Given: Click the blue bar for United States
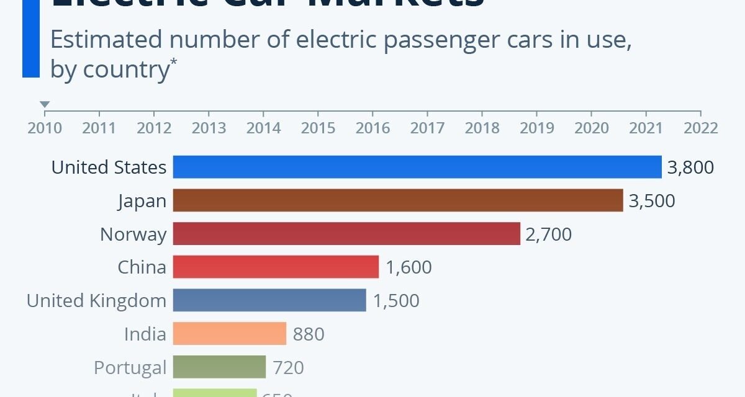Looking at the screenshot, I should [x=417, y=167].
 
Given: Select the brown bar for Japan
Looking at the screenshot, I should [x=397, y=200].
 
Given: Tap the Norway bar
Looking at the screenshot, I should [x=346, y=234].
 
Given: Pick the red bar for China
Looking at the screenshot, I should [x=276, y=267].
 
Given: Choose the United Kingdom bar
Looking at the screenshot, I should [x=269, y=301].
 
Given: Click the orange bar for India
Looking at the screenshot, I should [x=229, y=334].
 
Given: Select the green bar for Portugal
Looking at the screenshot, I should [x=219, y=367].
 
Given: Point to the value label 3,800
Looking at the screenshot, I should [x=690, y=167].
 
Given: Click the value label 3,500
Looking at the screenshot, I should [x=651, y=201].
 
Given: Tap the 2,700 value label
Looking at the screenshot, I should [x=548, y=234].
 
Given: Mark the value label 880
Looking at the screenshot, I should [x=308, y=334].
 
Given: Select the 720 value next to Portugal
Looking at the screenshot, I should [x=288, y=368].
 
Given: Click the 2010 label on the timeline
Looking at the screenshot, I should [x=45, y=128].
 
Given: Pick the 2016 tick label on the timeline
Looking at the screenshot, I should [x=372, y=128].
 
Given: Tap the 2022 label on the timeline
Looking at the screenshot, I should [x=700, y=128].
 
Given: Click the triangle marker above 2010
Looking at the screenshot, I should [x=45, y=104].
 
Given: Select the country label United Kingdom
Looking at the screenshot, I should [x=96, y=301].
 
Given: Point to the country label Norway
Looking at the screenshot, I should [x=133, y=234].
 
